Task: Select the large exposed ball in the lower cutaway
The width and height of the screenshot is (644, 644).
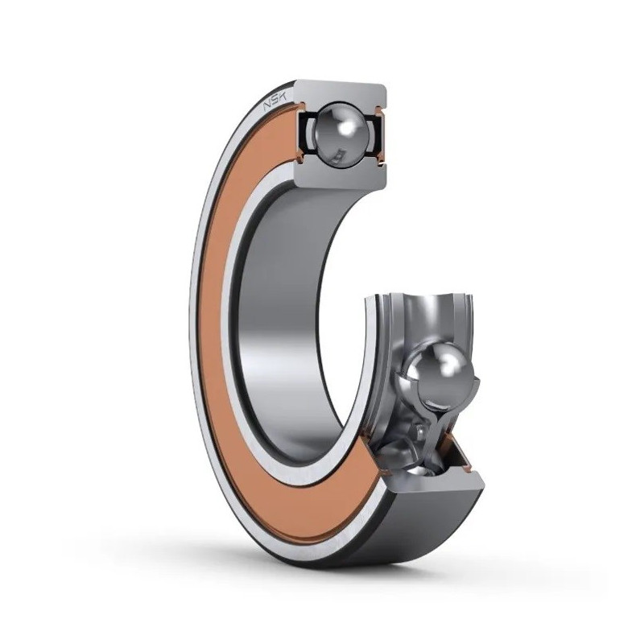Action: (439, 372)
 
